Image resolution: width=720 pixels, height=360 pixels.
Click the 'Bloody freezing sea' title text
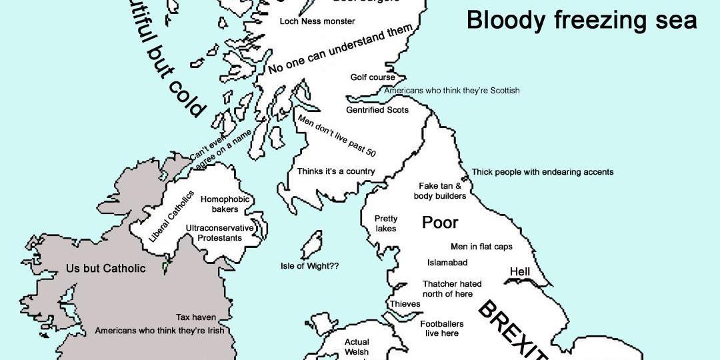click(x=581, y=20)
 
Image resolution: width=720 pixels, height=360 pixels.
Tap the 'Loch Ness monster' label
click(x=317, y=21)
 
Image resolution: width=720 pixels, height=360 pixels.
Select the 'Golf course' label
click(x=373, y=77)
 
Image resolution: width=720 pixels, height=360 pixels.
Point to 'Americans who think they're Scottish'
click(x=452, y=91)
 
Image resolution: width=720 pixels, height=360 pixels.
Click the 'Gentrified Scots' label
click(x=377, y=109)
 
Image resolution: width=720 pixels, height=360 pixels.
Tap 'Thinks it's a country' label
click(x=336, y=171)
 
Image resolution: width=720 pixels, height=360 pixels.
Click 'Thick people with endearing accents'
click(x=543, y=172)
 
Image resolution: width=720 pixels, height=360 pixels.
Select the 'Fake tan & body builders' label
click(x=439, y=191)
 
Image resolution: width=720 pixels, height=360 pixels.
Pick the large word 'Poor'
click(x=441, y=223)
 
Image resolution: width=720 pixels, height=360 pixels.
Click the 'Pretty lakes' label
click(x=385, y=223)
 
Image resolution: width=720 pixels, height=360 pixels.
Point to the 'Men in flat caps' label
click(x=481, y=247)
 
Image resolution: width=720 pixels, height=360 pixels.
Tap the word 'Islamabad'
click(x=447, y=263)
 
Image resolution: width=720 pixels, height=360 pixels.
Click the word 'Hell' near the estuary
click(x=519, y=272)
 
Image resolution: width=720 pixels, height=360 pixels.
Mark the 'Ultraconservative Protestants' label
click(x=219, y=233)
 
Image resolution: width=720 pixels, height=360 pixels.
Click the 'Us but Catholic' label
click(x=105, y=269)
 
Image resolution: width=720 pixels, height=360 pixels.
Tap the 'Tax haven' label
click(x=196, y=317)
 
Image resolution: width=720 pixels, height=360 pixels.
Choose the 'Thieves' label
click(x=405, y=304)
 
